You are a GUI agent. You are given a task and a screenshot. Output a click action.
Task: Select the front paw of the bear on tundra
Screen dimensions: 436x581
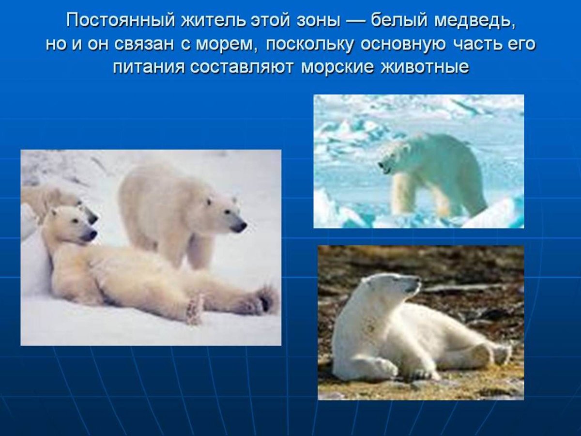pos(382,368)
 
